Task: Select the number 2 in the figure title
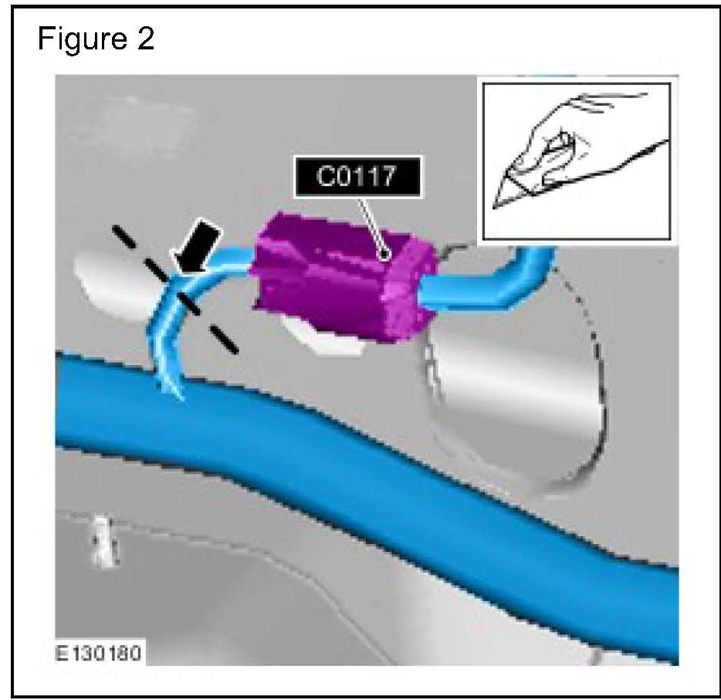144,39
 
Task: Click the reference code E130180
100,654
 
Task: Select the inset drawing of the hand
574,160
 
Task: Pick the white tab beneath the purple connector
324,340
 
